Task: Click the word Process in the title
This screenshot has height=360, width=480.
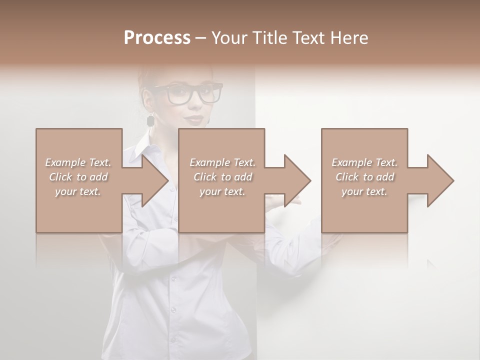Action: (x=157, y=37)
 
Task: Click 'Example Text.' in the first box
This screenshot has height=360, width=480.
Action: (x=78, y=162)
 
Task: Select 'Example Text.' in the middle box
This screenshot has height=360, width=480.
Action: (x=222, y=162)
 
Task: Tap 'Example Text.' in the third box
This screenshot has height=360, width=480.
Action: (x=364, y=162)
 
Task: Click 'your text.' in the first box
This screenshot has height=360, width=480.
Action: (x=78, y=191)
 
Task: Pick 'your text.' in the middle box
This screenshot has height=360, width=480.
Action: (x=222, y=191)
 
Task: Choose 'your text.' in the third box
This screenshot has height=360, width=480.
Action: (x=364, y=191)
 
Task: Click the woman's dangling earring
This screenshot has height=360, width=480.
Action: (x=150, y=120)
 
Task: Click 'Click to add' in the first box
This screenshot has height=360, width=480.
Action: (x=78, y=177)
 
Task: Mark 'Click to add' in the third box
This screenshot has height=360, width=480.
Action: (x=364, y=177)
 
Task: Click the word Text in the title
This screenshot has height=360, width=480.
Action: (x=307, y=37)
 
